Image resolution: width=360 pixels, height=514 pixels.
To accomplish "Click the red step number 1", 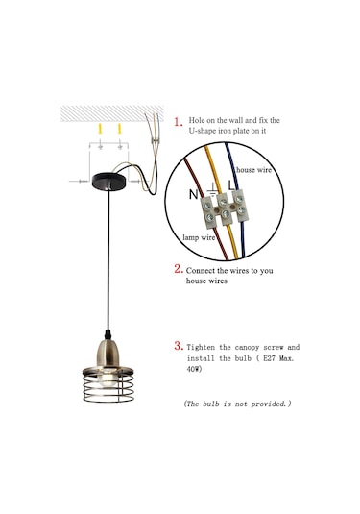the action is (x=178, y=122).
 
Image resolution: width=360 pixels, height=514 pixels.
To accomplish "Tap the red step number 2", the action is (x=179, y=269).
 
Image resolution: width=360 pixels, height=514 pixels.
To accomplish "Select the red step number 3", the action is (x=179, y=346).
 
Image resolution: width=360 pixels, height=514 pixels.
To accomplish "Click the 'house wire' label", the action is (x=253, y=170).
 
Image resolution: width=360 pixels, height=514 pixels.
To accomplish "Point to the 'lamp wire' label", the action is (x=199, y=237).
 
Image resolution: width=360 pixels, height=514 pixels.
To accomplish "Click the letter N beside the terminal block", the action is (x=193, y=194).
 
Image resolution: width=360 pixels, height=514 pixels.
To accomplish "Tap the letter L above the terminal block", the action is (x=231, y=185).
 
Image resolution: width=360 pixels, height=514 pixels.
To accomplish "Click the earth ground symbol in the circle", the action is (x=212, y=189).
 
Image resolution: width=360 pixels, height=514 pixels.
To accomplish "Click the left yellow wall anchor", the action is (x=101, y=129).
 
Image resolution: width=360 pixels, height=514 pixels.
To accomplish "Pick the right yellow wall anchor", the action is (x=120, y=129).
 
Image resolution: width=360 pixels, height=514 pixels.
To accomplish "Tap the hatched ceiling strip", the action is (x=112, y=113).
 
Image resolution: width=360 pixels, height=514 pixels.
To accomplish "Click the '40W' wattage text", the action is (x=194, y=369).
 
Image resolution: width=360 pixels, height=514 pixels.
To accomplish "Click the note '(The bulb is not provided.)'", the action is (x=237, y=404).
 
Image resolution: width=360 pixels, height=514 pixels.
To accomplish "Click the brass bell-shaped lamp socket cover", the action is (x=108, y=355).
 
